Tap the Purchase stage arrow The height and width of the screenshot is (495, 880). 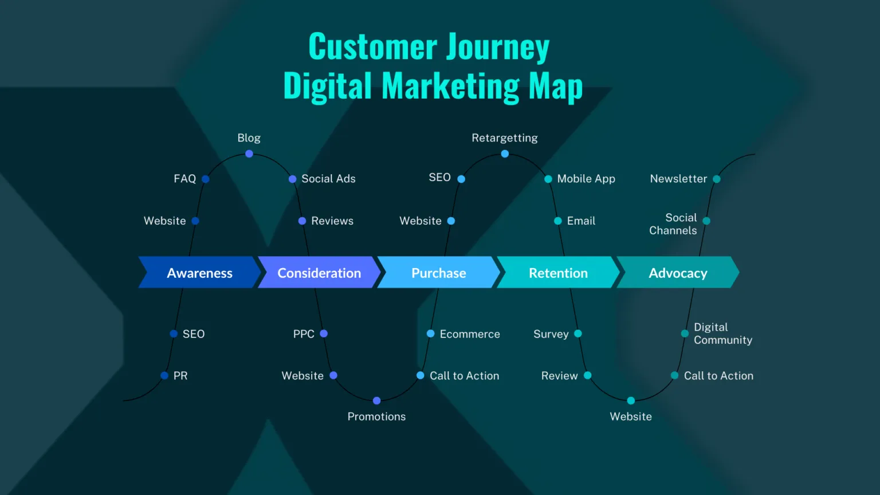coord(439,272)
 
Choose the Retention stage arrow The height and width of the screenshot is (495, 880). coord(558,272)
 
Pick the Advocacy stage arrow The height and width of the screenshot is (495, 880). coord(678,272)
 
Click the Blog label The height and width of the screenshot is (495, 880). coord(249,138)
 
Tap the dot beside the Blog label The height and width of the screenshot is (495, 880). coord(249,154)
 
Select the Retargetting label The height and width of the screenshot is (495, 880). coord(504,138)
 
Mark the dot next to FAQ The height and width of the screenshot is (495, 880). coord(206,179)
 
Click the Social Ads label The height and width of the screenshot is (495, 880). coord(328,179)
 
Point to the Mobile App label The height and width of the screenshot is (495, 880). coord(586,179)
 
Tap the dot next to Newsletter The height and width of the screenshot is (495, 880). coord(717,179)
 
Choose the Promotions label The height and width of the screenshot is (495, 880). coord(376,417)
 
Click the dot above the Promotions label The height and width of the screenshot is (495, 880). coord(377,400)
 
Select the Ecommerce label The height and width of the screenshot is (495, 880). coord(470,334)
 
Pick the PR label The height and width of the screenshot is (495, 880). coord(180,376)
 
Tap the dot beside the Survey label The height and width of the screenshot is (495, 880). coord(578,333)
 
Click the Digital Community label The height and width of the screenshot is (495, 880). coord(723,333)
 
